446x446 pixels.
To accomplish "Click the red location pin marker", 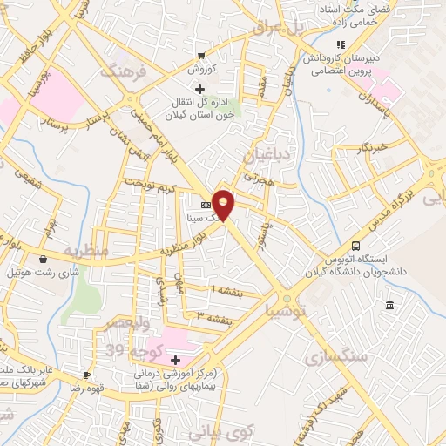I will (x=224, y=205).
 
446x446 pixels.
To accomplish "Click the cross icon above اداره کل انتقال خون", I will (x=200, y=89).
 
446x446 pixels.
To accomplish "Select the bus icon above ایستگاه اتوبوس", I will (x=355, y=247).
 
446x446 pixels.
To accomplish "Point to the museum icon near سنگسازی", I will (x=389, y=305).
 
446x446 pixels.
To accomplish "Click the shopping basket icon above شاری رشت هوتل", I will (x=43, y=258).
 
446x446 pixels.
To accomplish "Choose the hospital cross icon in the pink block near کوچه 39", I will (x=175, y=359).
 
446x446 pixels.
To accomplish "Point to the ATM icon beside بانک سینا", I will (x=206, y=205).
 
